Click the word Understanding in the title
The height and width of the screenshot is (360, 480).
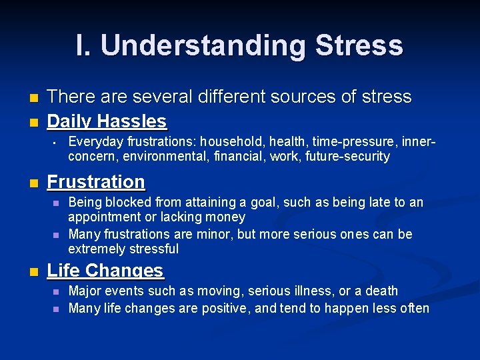click(x=202, y=45)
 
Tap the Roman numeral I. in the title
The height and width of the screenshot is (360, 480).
click(x=84, y=45)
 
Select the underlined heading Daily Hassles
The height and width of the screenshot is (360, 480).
click(x=107, y=121)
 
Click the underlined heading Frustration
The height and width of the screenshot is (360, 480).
click(x=96, y=181)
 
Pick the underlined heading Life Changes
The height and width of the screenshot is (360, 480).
click(x=105, y=271)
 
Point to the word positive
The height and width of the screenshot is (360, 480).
click(x=221, y=308)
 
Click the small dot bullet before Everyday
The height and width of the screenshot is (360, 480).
click(x=56, y=142)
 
